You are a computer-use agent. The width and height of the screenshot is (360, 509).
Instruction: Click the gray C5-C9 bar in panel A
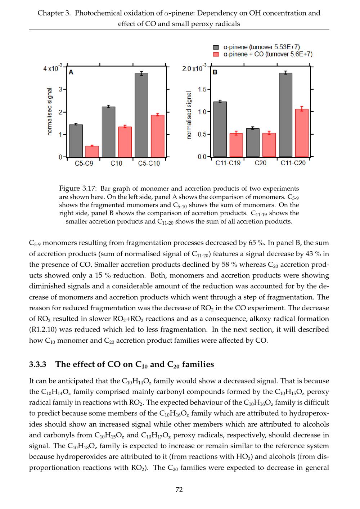[x=76, y=141]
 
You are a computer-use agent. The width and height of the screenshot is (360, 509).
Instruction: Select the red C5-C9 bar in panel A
[x=92, y=152]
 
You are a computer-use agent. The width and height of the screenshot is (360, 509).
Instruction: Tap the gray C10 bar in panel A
[x=108, y=132]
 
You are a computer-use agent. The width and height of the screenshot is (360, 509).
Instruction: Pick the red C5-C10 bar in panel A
[x=157, y=136]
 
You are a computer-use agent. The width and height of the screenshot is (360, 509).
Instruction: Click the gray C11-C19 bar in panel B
[x=220, y=129]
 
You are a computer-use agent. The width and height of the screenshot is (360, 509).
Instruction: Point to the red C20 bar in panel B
[x=269, y=145]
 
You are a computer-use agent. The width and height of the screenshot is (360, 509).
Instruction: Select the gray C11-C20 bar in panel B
[x=285, y=115]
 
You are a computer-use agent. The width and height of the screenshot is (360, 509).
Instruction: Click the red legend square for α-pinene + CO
[x=216, y=54]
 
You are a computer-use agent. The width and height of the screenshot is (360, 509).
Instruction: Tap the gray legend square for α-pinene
[x=216, y=47]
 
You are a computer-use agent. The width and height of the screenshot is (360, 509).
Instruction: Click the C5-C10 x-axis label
[x=149, y=163]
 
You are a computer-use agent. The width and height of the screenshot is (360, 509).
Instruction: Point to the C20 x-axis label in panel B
[x=261, y=163]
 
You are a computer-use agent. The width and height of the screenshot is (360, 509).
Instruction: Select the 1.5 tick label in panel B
[x=202, y=89]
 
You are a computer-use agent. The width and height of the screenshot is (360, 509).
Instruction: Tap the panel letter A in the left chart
[x=71, y=72]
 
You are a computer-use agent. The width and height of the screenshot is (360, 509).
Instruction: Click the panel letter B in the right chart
[x=215, y=72]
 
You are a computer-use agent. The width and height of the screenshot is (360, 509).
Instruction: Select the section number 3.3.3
[x=38, y=364]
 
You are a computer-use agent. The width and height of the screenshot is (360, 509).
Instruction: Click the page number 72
[x=179, y=490]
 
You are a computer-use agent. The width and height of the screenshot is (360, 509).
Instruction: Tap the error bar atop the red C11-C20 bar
[x=302, y=108]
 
